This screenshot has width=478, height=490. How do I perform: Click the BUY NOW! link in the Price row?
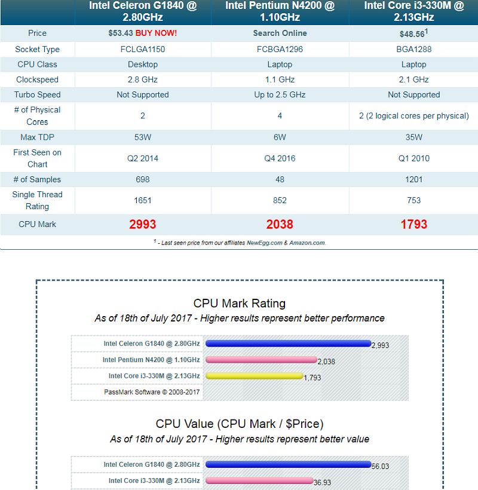pos(156,33)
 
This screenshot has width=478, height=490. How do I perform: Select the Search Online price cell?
pos(280,33)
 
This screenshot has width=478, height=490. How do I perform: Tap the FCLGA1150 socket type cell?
pos(142,49)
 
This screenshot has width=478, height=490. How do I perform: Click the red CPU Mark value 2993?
pos(142,224)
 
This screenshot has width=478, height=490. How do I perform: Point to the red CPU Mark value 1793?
pos(413,224)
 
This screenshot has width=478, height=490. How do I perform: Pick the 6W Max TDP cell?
pos(280,137)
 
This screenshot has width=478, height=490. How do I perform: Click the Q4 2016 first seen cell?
pos(280,158)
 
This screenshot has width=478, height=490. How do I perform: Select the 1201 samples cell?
pos(413,179)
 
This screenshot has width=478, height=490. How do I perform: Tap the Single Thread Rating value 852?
pos(280,200)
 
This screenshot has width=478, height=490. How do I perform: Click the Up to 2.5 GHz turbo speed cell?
pos(280,94)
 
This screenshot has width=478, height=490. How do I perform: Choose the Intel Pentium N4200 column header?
pos(280,11)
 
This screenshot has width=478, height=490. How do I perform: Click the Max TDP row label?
pos(37,137)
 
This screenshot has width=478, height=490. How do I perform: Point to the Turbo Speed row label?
pos(37,94)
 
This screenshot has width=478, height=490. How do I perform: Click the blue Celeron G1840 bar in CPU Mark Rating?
pos(287,343)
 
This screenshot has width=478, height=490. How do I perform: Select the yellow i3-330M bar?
pos(253,376)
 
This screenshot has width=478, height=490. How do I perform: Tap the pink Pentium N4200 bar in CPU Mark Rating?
pos(261,360)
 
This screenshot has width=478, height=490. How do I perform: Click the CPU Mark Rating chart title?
pos(239,304)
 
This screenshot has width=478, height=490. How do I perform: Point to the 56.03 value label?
pos(380,466)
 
